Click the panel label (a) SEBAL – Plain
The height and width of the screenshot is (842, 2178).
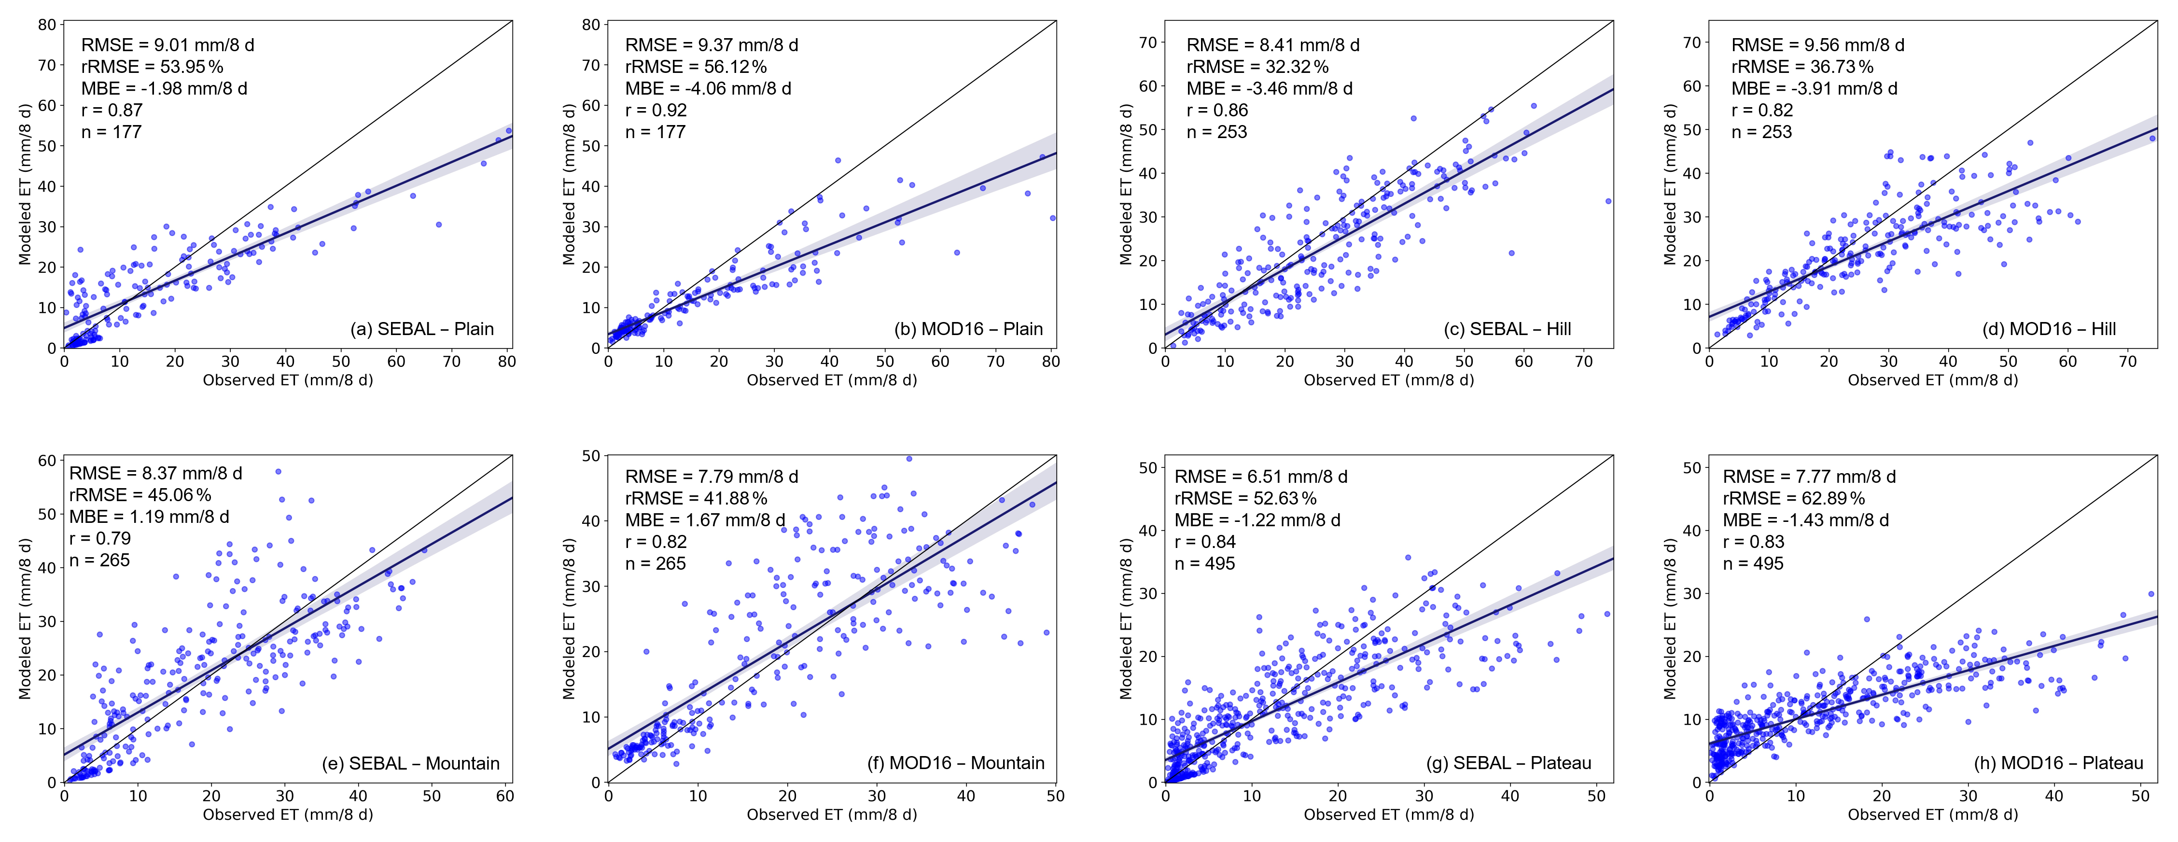422,329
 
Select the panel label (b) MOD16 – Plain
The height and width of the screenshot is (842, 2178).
968,329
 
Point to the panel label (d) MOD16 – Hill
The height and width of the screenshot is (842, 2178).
2049,329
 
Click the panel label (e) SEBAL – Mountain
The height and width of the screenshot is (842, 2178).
410,763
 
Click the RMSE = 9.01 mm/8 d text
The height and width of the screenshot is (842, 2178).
168,45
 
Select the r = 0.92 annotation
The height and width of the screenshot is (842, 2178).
656,110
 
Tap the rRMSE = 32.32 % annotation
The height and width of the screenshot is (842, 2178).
1257,67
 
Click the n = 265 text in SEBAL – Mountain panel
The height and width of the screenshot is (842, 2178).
100,561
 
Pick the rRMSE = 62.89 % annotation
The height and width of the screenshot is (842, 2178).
1793,499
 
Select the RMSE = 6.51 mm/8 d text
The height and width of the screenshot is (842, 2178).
1261,477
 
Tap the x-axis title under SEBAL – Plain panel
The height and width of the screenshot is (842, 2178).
288,380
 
